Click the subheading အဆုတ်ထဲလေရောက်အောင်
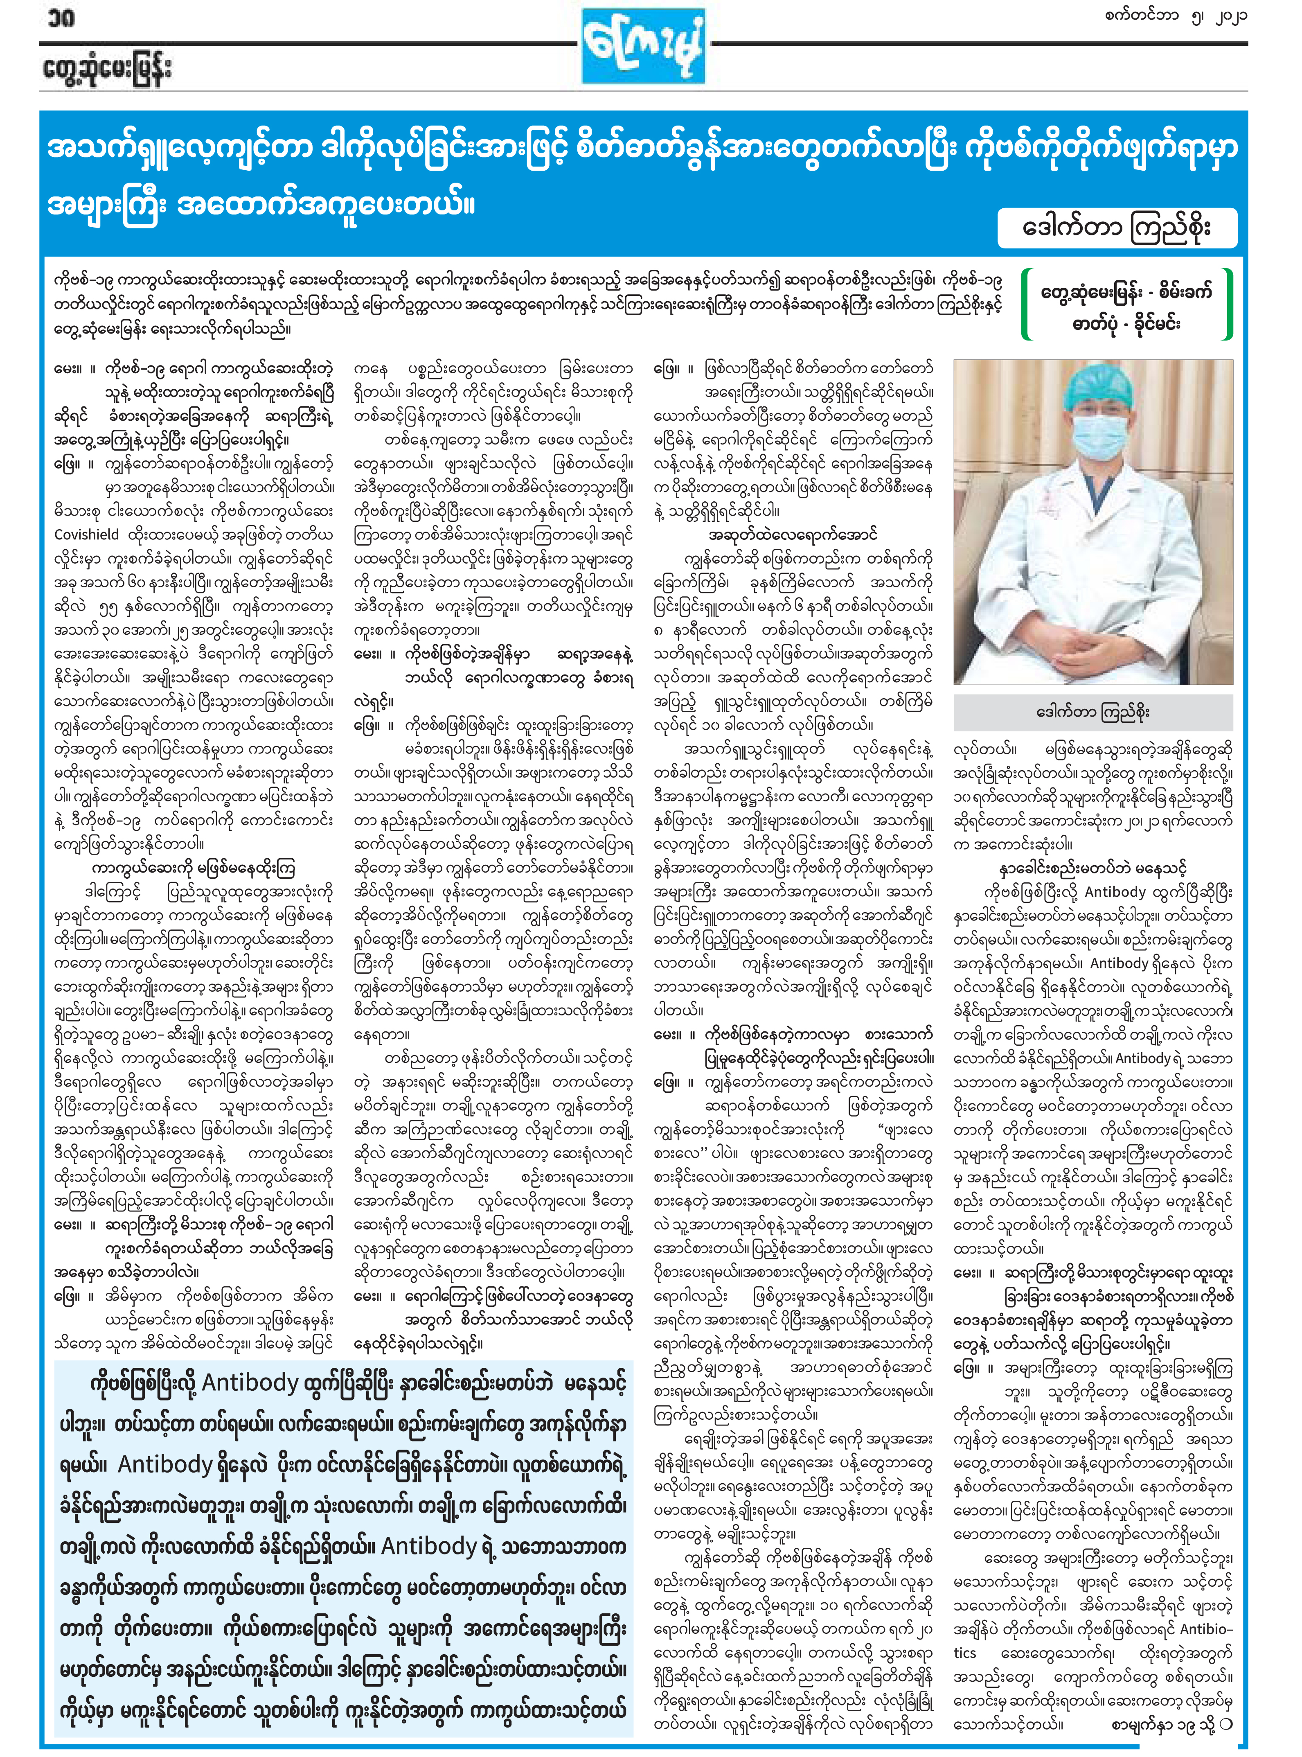coord(792,535)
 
